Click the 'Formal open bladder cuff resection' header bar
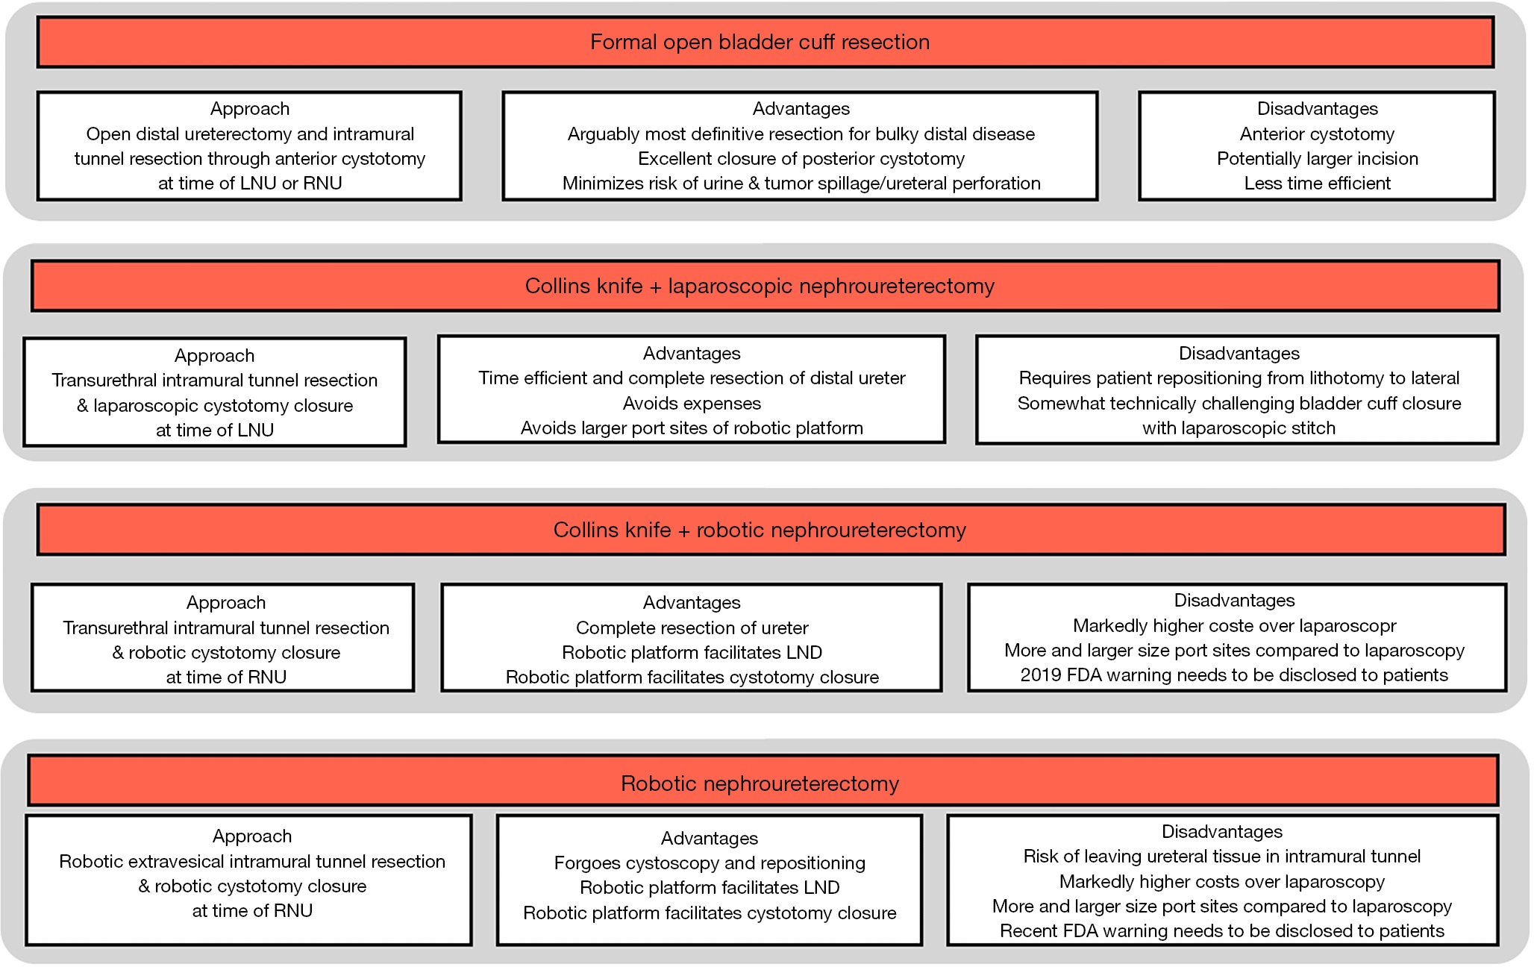765,43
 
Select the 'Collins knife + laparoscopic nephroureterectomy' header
765,286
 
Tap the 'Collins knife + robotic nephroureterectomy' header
771,530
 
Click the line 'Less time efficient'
1317,184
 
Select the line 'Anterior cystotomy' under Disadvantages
1317,134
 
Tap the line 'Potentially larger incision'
1317,159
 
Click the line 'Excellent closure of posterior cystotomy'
801,159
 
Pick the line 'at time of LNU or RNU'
250,184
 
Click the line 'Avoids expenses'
692,404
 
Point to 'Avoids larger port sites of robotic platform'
692,428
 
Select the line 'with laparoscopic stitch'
1239,428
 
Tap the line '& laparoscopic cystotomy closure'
215,406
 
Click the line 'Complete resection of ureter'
692,628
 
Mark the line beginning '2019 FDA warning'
1234,675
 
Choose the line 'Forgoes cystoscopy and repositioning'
710,863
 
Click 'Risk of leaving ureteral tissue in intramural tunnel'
1222,857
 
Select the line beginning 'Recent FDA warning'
1222,931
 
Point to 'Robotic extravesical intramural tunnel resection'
252,862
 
